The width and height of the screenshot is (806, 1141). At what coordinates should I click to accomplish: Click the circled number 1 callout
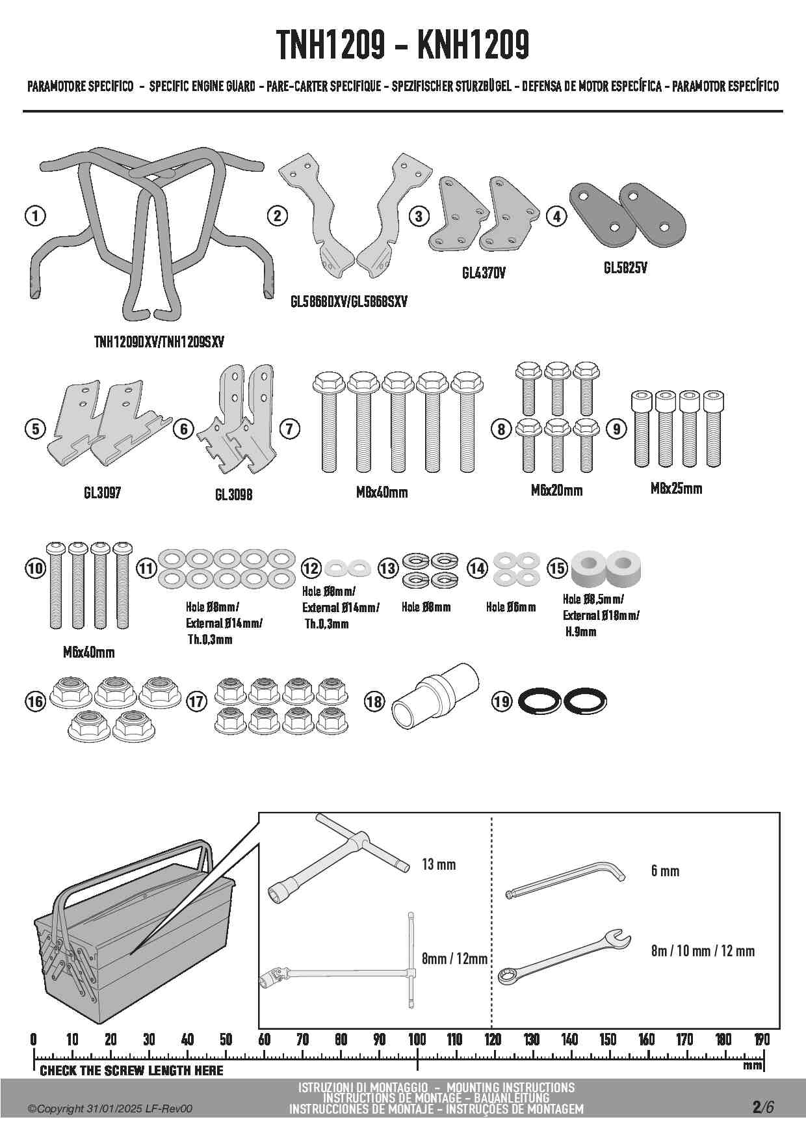pyautogui.click(x=35, y=216)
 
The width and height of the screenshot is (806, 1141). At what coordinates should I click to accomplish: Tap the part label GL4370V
pyautogui.click(x=484, y=274)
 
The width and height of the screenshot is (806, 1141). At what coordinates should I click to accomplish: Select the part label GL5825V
pyautogui.click(x=625, y=268)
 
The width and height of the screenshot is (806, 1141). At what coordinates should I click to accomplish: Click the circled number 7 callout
pyautogui.click(x=289, y=429)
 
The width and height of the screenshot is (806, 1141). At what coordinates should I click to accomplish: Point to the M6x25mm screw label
pyautogui.click(x=676, y=489)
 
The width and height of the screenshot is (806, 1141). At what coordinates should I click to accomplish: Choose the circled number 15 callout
pyautogui.click(x=557, y=567)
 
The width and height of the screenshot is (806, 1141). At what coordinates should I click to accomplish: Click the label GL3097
pyautogui.click(x=102, y=493)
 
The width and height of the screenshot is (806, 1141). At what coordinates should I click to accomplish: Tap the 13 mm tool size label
pyautogui.click(x=439, y=865)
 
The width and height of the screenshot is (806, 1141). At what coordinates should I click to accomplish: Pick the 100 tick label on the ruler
pyautogui.click(x=417, y=1039)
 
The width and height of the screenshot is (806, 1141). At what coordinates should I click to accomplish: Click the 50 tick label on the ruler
pyautogui.click(x=226, y=1039)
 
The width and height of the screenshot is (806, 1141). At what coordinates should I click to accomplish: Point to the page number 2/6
pyautogui.click(x=762, y=1107)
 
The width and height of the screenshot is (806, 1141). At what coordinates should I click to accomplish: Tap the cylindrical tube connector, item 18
pyautogui.click(x=434, y=697)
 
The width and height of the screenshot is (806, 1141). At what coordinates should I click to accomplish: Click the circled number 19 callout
pyautogui.click(x=502, y=702)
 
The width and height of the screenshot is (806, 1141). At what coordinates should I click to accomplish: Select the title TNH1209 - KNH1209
pyautogui.click(x=403, y=45)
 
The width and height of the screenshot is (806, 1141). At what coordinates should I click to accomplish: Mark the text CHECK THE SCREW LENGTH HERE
pyautogui.click(x=131, y=1071)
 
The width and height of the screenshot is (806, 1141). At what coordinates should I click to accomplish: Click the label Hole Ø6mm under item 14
pyautogui.click(x=511, y=607)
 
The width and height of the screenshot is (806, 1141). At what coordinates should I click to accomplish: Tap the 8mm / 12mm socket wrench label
pyautogui.click(x=454, y=958)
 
